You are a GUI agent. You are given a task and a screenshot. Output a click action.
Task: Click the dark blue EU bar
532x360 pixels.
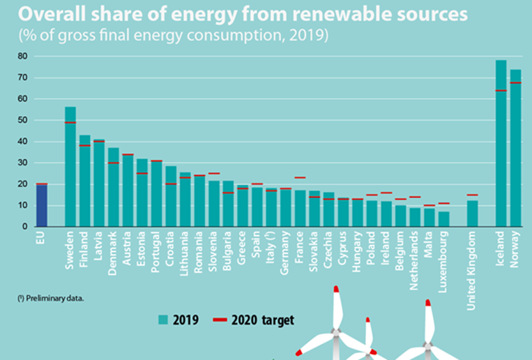pyautogui.click(x=42, y=205)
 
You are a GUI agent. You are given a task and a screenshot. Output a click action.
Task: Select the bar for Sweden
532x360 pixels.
pyautogui.click(x=70, y=167)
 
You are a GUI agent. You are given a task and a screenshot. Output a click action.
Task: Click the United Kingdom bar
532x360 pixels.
pyautogui.click(x=473, y=213)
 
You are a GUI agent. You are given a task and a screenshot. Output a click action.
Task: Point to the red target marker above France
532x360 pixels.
pyautogui.click(x=300, y=177)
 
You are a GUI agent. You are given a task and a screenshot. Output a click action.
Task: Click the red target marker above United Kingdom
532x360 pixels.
pyautogui.click(x=473, y=195)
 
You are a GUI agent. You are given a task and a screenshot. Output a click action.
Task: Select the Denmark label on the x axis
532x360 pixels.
pyautogui.click(x=113, y=250)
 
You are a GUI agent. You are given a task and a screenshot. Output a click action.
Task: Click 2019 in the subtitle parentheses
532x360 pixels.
pyautogui.click(x=310, y=34)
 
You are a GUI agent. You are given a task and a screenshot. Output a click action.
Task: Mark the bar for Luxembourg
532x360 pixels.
pyautogui.click(x=444, y=219)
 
